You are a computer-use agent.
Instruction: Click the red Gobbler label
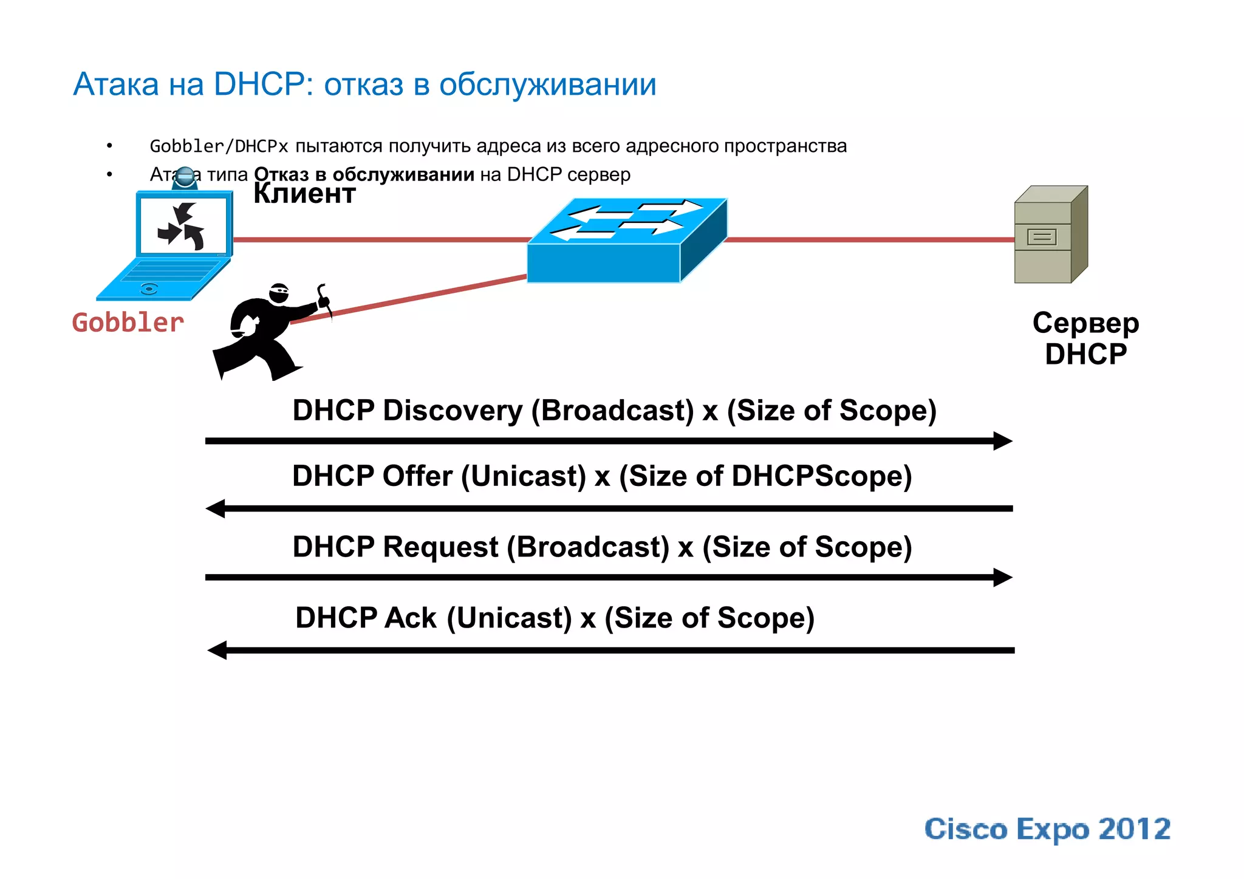tap(128, 323)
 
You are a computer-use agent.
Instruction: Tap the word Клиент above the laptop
tap(304, 194)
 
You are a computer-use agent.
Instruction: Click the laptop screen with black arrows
tap(183, 227)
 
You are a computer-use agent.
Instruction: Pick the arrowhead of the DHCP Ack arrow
tap(217, 650)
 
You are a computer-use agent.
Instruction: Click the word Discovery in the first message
tap(452, 411)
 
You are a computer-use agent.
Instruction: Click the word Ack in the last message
tap(411, 618)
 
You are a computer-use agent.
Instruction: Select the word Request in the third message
tap(440, 547)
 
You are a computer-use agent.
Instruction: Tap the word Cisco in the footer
tap(965, 830)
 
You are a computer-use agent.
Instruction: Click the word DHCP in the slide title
tap(259, 84)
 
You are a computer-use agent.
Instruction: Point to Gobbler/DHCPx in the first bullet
tap(219, 146)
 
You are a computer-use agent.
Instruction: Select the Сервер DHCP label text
tap(1085, 338)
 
